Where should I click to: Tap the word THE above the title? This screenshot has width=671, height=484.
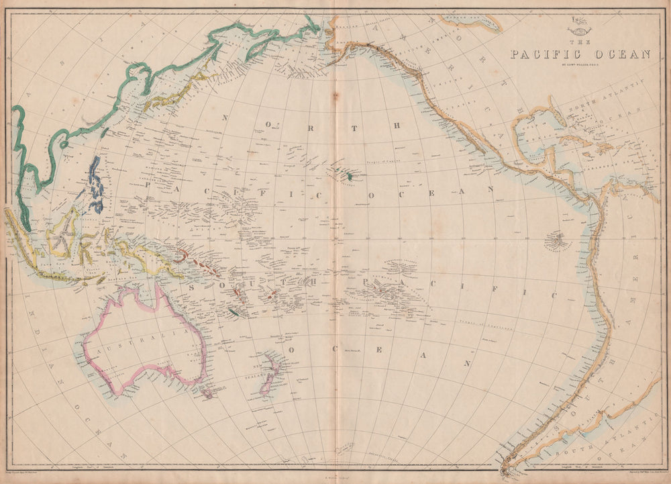[x=580, y=42]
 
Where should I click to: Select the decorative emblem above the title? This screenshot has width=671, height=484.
[x=579, y=30]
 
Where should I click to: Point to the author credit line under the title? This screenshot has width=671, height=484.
[x=580, y=66]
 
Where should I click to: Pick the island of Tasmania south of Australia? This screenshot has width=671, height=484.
[x=207, y=391]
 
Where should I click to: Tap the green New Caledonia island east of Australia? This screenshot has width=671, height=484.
[x=233, y=312]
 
